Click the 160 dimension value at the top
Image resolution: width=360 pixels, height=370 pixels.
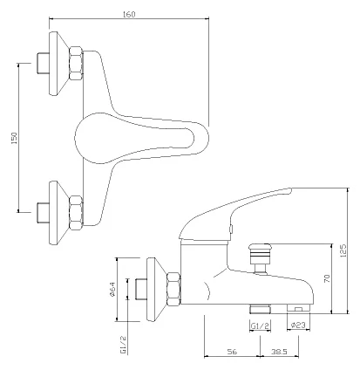click(x=129, y=14)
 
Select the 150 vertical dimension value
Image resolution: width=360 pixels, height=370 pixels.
click(x=14, y=138)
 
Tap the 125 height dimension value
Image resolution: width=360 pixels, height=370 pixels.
click(x=343, y=250)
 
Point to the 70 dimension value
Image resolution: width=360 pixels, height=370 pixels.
click(x=327, y=278)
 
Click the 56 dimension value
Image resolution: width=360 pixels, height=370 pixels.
click(x=232, y=352)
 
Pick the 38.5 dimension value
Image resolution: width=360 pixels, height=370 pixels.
click(x=279, y=352)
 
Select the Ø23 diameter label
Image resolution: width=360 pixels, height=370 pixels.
click(x=298, y=325)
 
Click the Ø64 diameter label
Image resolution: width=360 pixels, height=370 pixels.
click(x=112, y=290)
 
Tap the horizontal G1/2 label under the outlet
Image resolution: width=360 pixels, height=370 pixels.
click(x=260, y=325)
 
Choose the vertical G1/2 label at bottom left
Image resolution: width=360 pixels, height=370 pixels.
click(x=123, y=345)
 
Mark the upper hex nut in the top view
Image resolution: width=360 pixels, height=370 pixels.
click(x=76, y=63)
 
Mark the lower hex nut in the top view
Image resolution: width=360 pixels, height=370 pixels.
click(x=76, y=213)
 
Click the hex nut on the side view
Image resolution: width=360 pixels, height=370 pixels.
click(x=173, y=289)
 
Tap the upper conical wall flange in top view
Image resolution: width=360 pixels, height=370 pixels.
click(x=59, y=63)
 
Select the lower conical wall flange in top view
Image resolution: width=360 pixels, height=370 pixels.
click(x=59, y=213)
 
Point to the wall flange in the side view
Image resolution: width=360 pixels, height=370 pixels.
click(x=157, y=290)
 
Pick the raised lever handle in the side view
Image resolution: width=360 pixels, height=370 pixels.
click(x=233, y=214)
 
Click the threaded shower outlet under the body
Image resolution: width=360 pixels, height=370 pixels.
click(x=260, y=309)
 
